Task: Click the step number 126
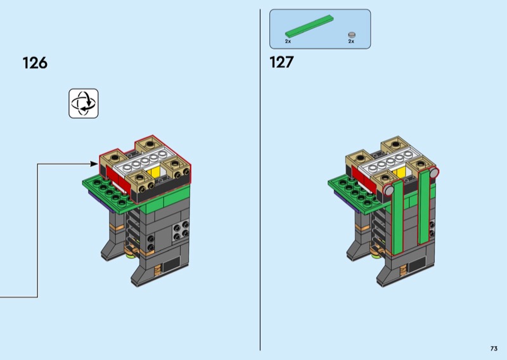click(35, 63)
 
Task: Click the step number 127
click(281, 62)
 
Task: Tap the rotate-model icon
click(84, 103)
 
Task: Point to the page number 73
click(494, 349)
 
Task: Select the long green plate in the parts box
click(309, 25)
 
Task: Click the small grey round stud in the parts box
click(352, 35)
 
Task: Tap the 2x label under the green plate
click(288, 41)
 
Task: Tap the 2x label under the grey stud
click(351, 41)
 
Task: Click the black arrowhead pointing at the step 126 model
click(94, 164)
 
